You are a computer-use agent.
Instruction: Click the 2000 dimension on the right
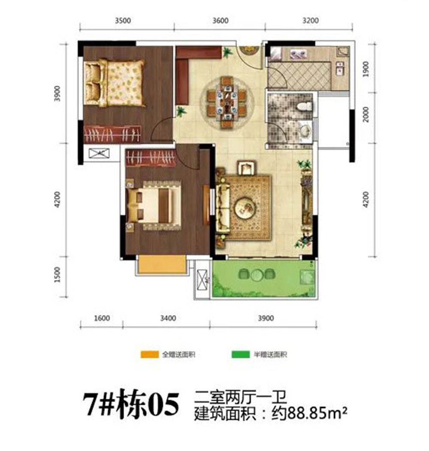point(366,115)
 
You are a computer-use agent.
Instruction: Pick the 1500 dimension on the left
point(58,276)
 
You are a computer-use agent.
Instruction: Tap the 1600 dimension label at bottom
point(102,318)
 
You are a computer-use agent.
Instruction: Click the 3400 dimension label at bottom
point(167,318)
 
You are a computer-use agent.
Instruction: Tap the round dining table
point(227,102)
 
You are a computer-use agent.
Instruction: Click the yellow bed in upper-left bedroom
point(114,82)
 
